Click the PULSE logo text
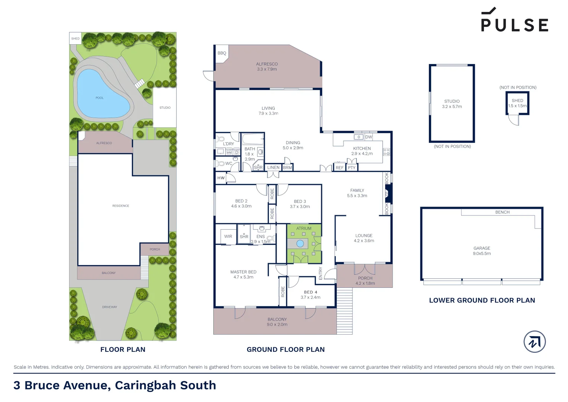(x=514, y=25)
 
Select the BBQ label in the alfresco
(x=222, y=53)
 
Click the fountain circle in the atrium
(x=300, y=244)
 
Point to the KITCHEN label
(x=362, y=149)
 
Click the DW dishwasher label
(x=368, y=137)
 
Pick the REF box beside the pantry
(x=339, y=168)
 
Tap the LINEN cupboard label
(x=273, y=167)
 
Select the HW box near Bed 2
(x=221, y=178)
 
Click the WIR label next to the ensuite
(x=228, y=236)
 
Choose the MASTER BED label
(x=243, y=272)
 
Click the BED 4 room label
(x=310, y=292)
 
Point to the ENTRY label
(x=320, y=273)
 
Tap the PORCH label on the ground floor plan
(x=365, y=278)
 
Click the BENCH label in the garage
(x=502, y=212)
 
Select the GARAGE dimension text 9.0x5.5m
(x=482, y=253)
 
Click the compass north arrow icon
(x=535, y=342)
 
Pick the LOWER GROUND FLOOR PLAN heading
(x=482, y=300)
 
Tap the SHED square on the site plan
(x=75, y=38)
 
